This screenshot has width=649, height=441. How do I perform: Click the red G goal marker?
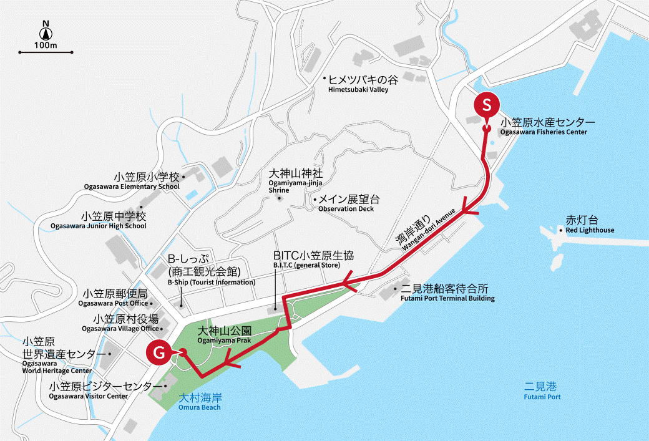(159, 353)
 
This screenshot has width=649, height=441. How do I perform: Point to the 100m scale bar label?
(46, 46)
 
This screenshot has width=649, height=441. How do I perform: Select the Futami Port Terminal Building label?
(447, 293)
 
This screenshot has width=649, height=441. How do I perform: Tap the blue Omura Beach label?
(200, 402)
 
